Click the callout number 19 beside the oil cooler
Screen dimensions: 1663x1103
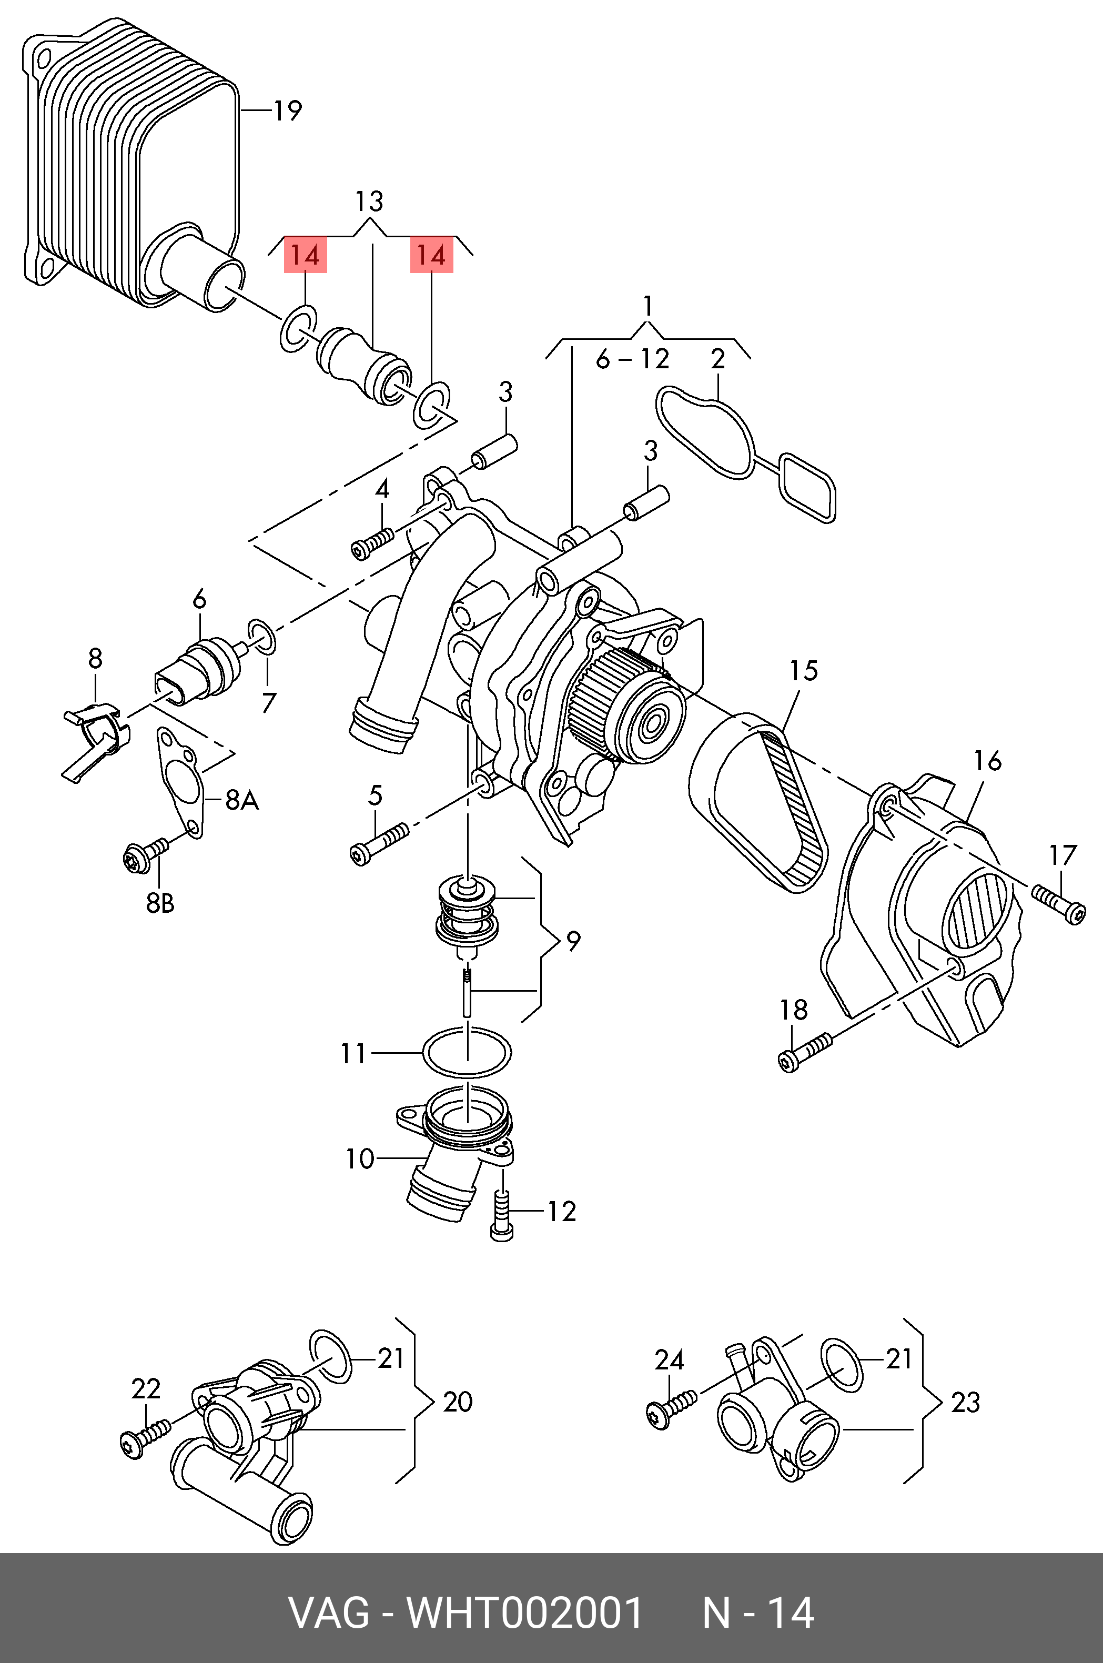click(287, 111)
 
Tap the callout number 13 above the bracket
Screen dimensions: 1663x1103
click(369, 202)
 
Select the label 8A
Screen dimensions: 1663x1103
click(241, 800)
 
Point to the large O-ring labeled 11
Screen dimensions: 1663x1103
click(467, 1052)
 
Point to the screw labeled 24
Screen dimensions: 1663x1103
click(671, 1407)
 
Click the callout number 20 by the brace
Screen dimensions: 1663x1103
click(457, 1402)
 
